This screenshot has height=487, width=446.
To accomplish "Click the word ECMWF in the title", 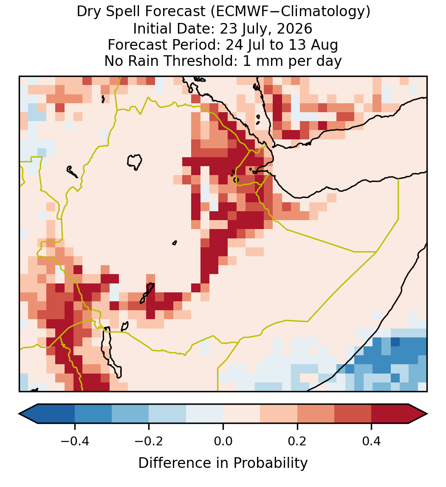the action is [x=239, y=12].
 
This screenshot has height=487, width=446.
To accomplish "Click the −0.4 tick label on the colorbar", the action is [x=75, y=441].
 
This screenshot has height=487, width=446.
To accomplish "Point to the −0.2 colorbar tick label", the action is [x=149, y=441].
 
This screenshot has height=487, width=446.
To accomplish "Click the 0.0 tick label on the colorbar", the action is [x=223, y=441].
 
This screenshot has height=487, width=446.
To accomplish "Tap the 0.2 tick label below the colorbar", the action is [x=297, y=441].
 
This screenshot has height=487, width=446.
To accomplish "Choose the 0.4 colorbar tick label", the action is [x=372, y=441].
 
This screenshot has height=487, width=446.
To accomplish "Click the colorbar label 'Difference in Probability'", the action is [x=223, y=463].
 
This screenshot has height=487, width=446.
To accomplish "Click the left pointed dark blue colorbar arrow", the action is [x=28, y=414].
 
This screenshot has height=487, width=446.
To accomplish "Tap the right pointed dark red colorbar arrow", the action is [x=418, y=414].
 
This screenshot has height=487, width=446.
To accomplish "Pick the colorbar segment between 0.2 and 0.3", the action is [x=316, y=414].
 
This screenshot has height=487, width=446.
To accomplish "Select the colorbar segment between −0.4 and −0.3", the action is [x=93, y=414].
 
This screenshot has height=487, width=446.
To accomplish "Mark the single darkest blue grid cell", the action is [x=395, y=342].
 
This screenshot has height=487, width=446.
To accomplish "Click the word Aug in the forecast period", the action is [x=329, y=45].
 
